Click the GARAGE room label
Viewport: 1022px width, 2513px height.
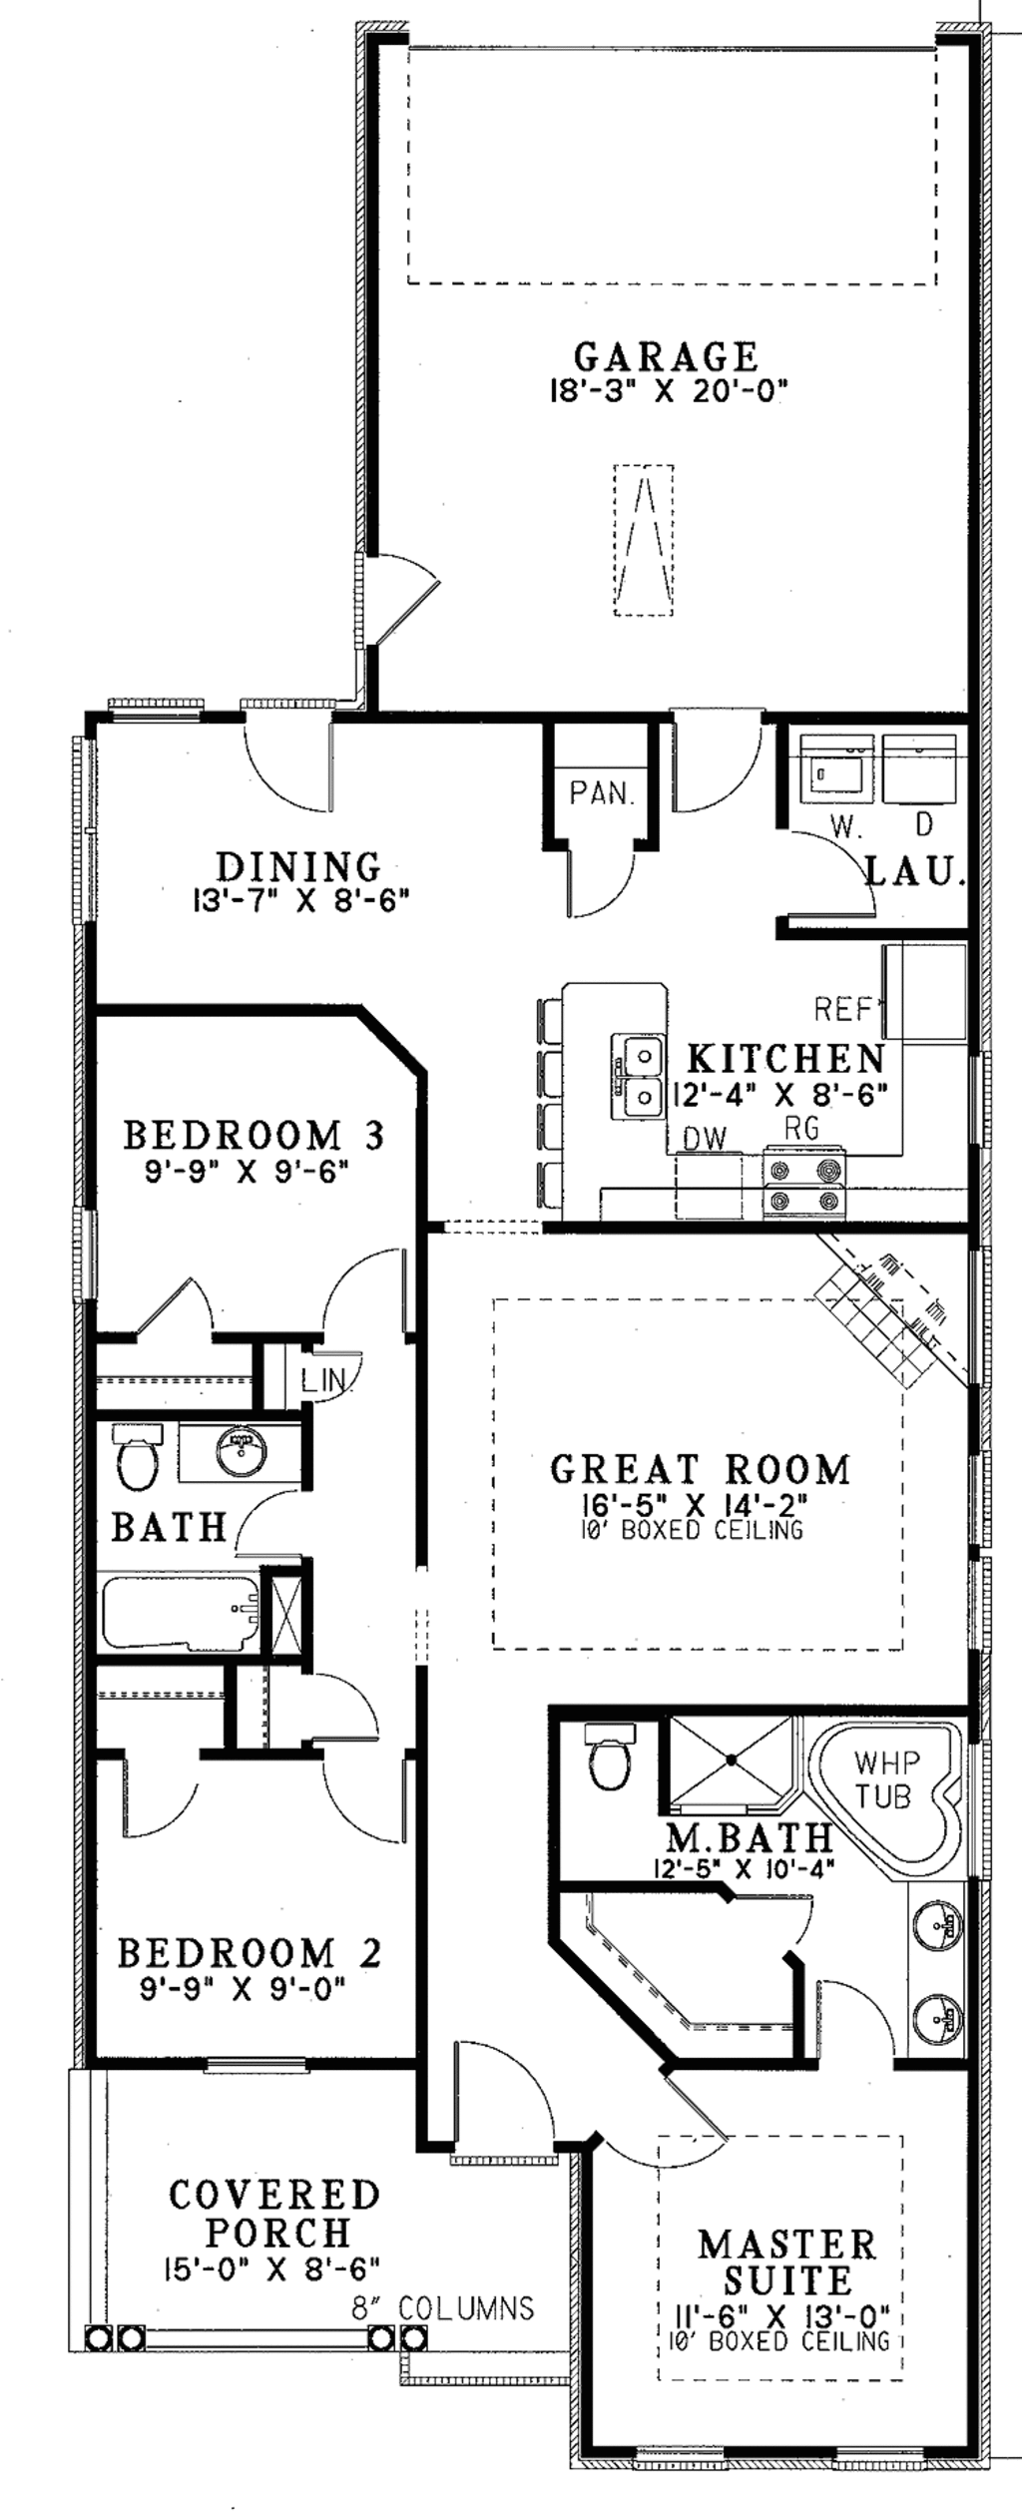coord(666,356)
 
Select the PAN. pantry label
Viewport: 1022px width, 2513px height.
coord(602,793)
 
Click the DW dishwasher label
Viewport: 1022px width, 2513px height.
coord(705,1138)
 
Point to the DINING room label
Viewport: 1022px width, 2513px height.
coord(299,865)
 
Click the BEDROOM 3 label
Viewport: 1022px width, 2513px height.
coord(254,1135)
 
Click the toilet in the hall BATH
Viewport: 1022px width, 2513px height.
coord(138,1457)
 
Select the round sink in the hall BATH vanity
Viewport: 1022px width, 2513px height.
coord(240,1452)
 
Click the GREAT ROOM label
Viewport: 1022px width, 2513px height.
coord(701,1469)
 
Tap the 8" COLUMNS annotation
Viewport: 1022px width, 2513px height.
coord(441,2307)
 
